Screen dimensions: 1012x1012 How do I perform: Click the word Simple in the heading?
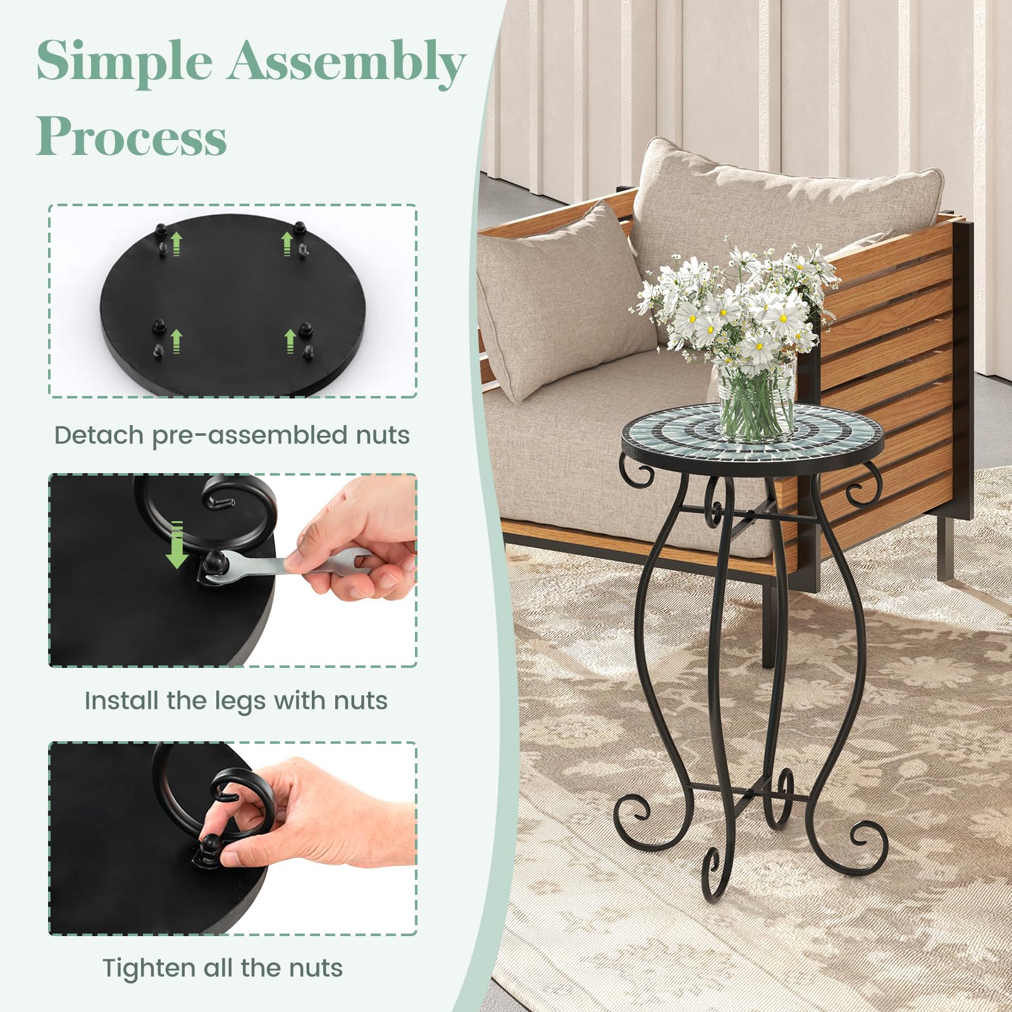125,61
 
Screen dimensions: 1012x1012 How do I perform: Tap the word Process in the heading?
132,135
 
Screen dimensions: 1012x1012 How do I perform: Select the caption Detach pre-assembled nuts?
232,436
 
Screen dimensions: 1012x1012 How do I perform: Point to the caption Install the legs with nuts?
236,701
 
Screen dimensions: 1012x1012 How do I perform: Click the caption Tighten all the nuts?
223,968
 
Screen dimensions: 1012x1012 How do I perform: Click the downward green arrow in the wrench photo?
177,545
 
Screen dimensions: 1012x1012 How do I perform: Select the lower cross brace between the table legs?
746,791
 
